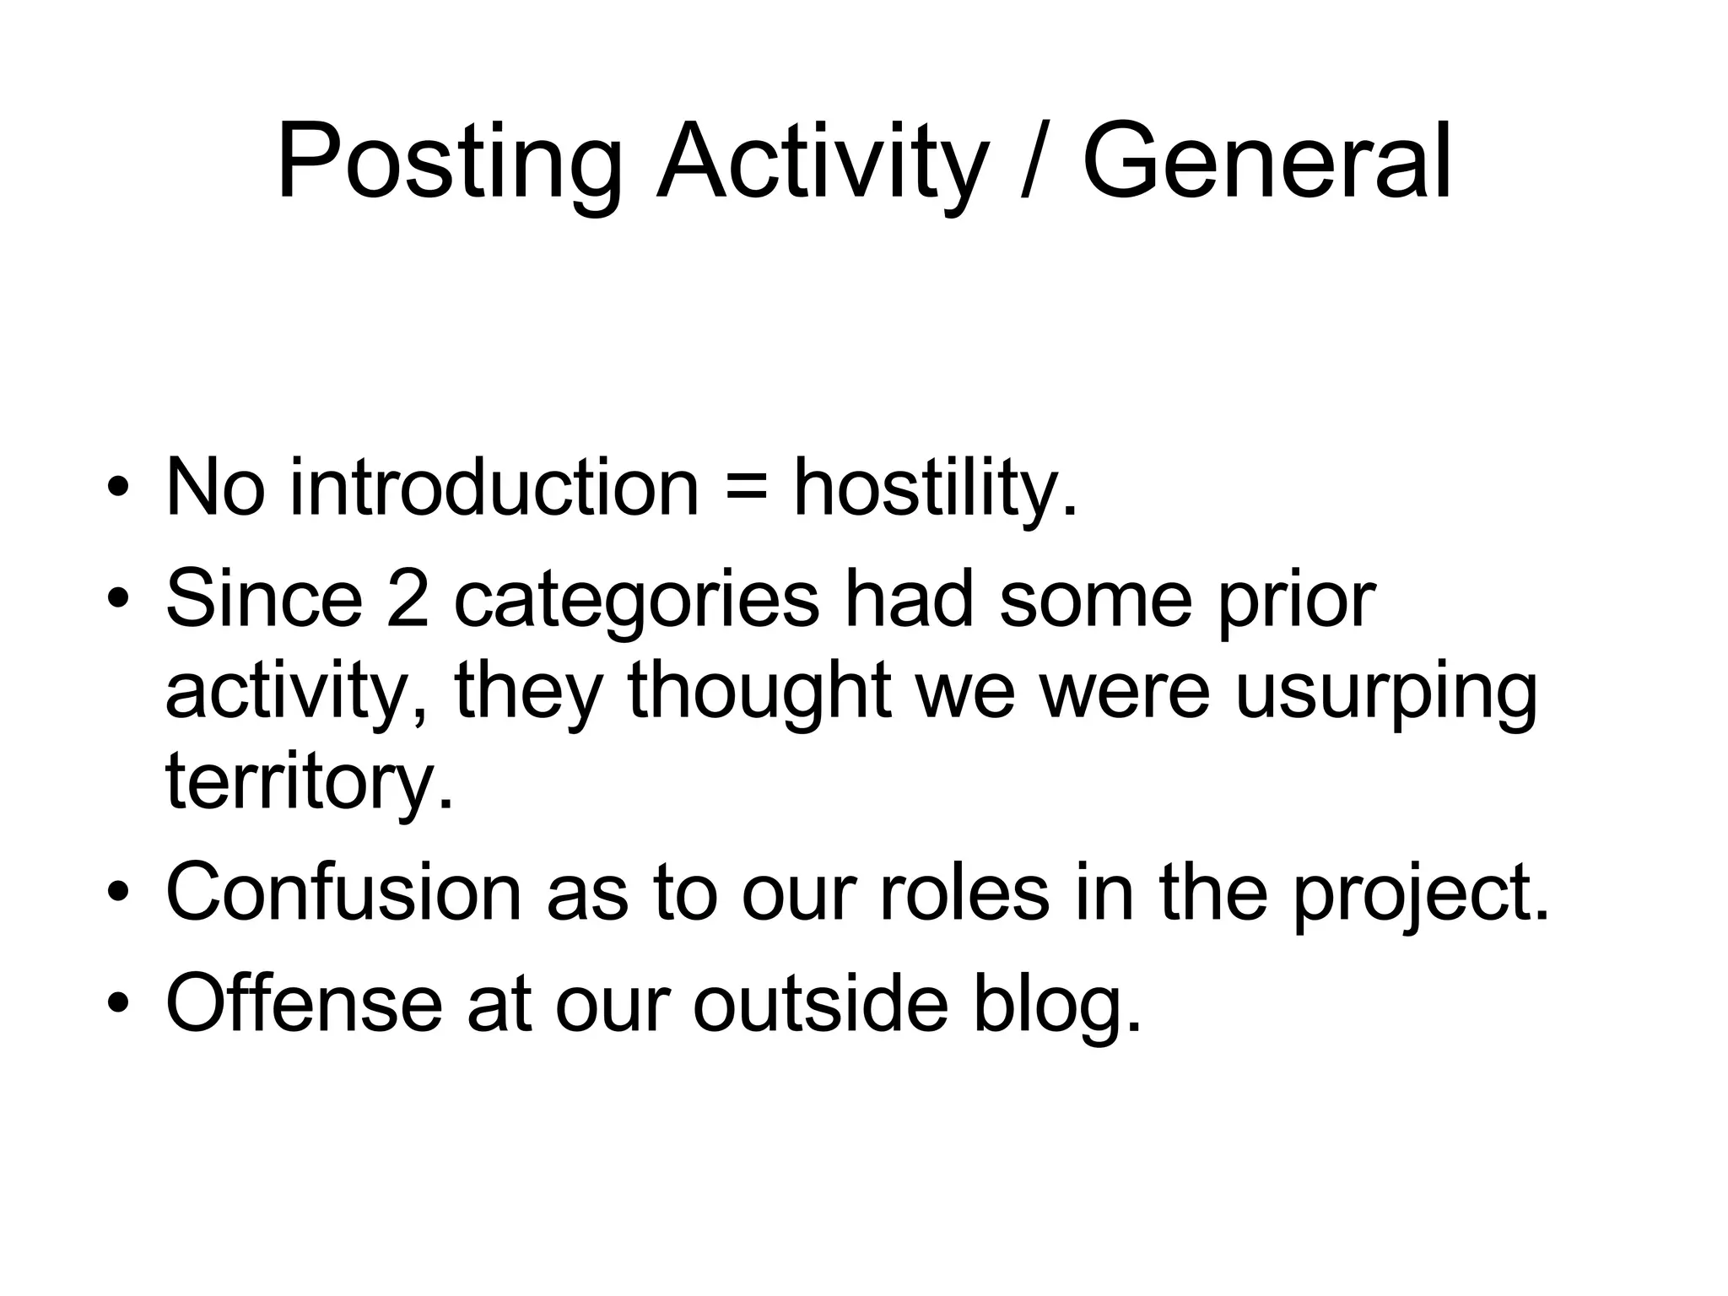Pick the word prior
(1297, 601)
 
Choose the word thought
(759, 692)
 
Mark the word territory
(309, 783)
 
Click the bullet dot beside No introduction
(118, 489)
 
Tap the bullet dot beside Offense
(118, 1003)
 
